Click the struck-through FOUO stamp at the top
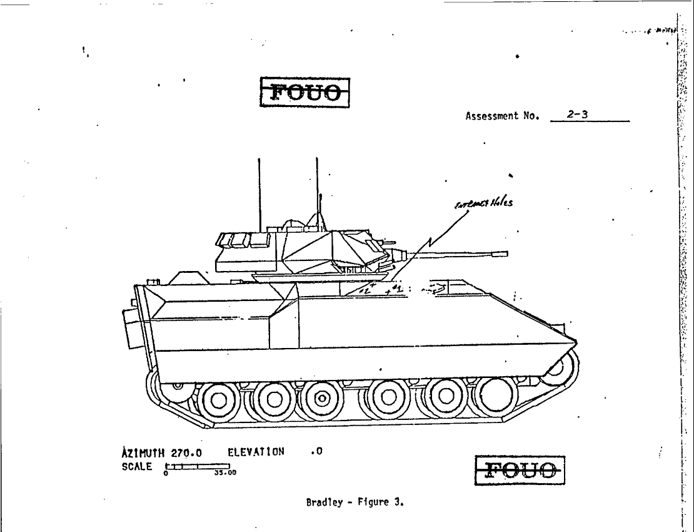[x=304, y=93]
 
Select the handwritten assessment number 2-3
[x=576, y=115]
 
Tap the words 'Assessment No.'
[x=502, y=116]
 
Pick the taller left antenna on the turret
[x=259, y=194]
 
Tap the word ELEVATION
[x=256, y=452]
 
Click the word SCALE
[x=137, y=466]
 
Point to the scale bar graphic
[x=198, y=466]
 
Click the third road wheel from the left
[x=321, y=398]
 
